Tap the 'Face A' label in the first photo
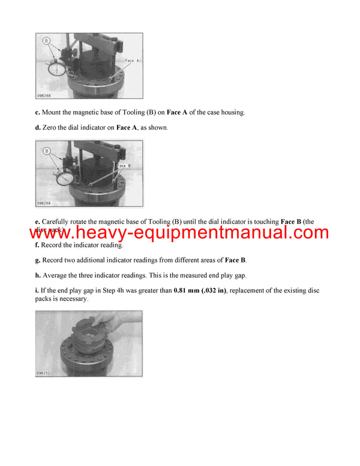(x=133, y=61)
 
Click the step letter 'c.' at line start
(x=38, y=112)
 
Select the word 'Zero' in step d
(x=52, y=128)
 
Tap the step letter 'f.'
(x=37, y=245)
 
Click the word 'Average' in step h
(x=56, y=275)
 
